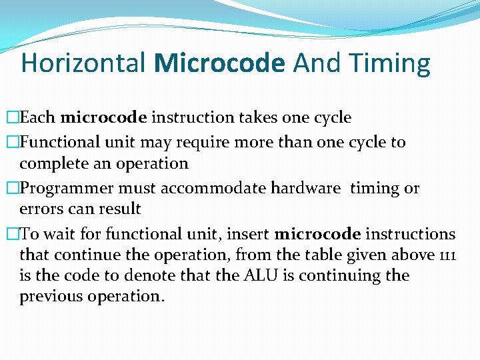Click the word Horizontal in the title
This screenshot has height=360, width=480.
pos(83,63)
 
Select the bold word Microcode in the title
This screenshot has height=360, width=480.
pos(219,63)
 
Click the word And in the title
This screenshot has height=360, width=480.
pos(317,63)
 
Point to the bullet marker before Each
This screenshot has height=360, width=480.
pos(13,118)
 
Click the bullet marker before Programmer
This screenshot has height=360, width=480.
pos(13,189)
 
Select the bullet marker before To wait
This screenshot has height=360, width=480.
pos(13,235)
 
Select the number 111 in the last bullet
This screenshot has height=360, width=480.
pos(446,255)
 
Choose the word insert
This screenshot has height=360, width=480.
pos(249,235)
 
